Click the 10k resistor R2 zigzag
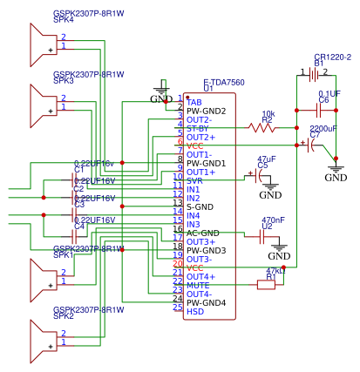(x=262, y=128)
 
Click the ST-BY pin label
(x=200, y=128)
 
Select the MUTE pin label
(x=199, y=285)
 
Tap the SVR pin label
(x=196, y=180)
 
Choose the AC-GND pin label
(x=203, y=233)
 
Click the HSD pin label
(x=196, y=311)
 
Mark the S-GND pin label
(x=200, y=206)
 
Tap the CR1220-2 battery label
(x=332, y=57)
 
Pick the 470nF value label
(x=274, y=220)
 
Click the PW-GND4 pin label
(x=207, y=302)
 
